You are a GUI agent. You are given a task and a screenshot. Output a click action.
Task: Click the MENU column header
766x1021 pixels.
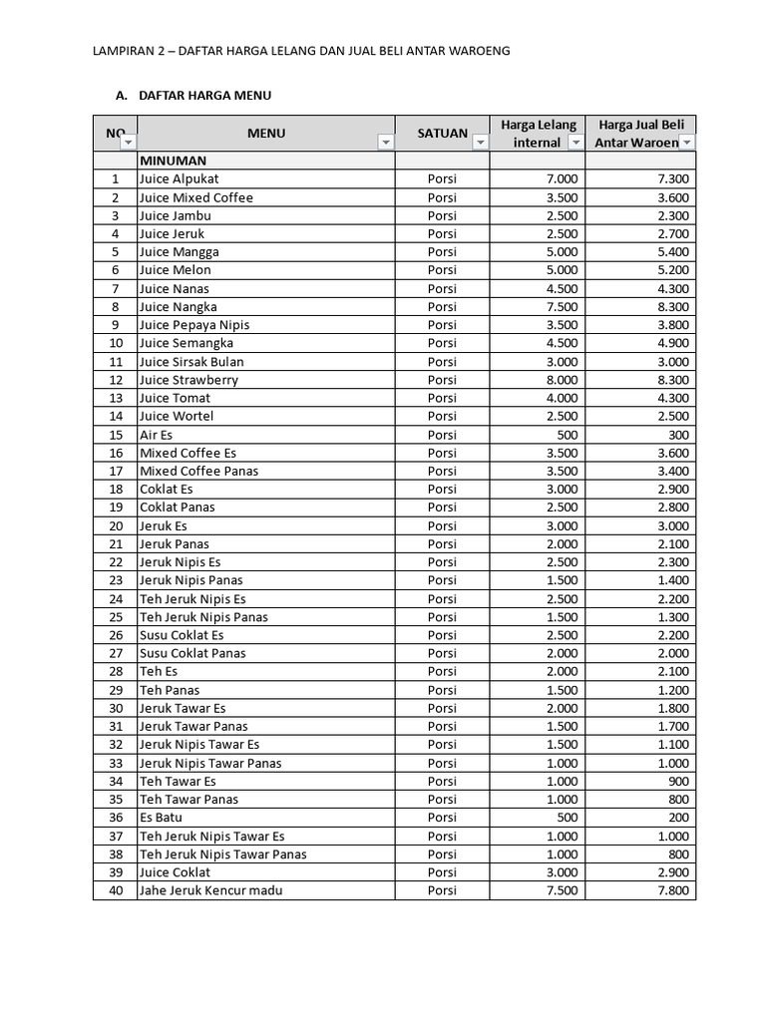266,133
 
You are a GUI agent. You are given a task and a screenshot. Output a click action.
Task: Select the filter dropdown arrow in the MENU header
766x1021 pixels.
385,144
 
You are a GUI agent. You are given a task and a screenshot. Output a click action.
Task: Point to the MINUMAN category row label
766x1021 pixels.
173,160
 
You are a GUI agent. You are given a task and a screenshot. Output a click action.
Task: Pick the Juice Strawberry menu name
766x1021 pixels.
189,380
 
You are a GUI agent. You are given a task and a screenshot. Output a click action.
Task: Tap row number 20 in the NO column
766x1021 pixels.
116,525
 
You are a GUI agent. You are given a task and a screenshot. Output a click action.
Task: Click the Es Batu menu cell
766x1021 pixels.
161,818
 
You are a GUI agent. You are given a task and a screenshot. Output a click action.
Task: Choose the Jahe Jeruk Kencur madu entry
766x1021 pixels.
210,890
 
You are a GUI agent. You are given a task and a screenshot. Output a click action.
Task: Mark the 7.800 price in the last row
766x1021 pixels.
672,890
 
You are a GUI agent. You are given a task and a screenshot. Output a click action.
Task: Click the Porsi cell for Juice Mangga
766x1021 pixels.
442,251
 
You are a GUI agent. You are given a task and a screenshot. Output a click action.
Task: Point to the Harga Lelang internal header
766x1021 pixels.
538,133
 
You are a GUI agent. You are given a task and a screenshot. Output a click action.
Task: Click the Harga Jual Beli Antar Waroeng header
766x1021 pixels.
639,133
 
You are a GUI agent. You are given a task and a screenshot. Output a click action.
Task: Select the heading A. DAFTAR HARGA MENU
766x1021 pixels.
193,96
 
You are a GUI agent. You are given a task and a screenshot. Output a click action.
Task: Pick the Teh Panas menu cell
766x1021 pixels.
169,690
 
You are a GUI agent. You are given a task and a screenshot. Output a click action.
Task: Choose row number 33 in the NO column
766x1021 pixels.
116,763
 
